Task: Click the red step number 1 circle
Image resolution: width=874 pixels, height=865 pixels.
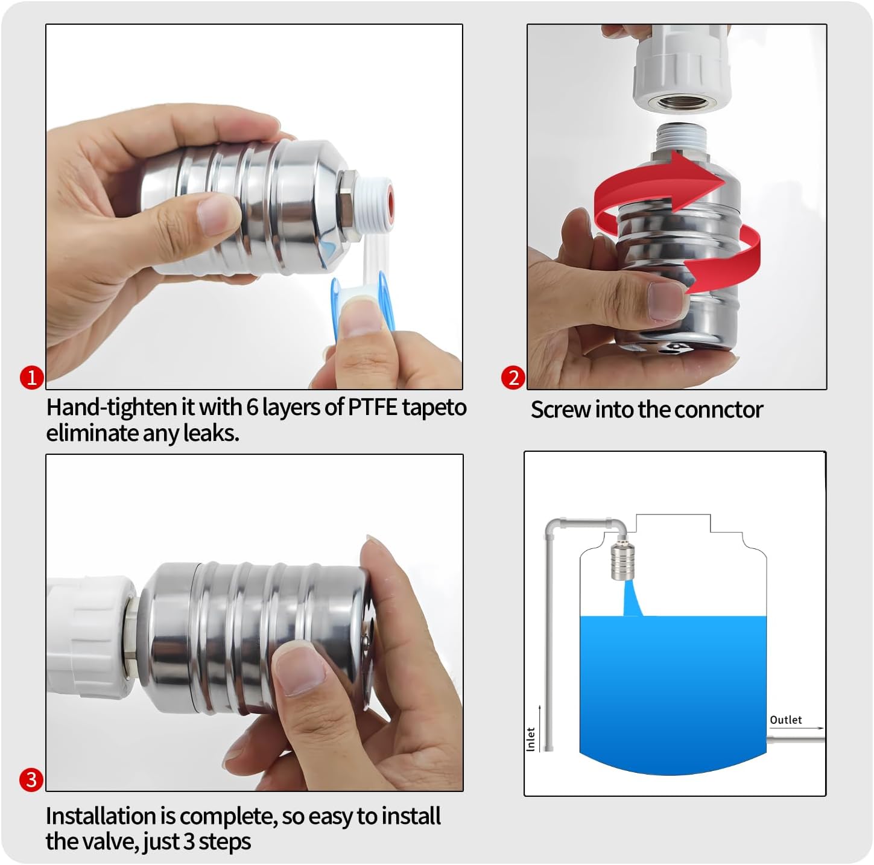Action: coord(31,378)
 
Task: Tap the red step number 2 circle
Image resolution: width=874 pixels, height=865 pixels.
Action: coord(513,378)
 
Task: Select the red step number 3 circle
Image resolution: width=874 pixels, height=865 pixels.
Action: coord(31,780)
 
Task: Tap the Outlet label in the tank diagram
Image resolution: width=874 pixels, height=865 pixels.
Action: coord(785,720)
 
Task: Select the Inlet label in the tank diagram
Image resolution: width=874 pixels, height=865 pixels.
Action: coord(531,739)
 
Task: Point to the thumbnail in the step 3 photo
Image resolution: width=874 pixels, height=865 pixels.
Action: coord(300,670)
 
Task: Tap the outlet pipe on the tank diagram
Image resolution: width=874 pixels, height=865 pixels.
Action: coord(795,738)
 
